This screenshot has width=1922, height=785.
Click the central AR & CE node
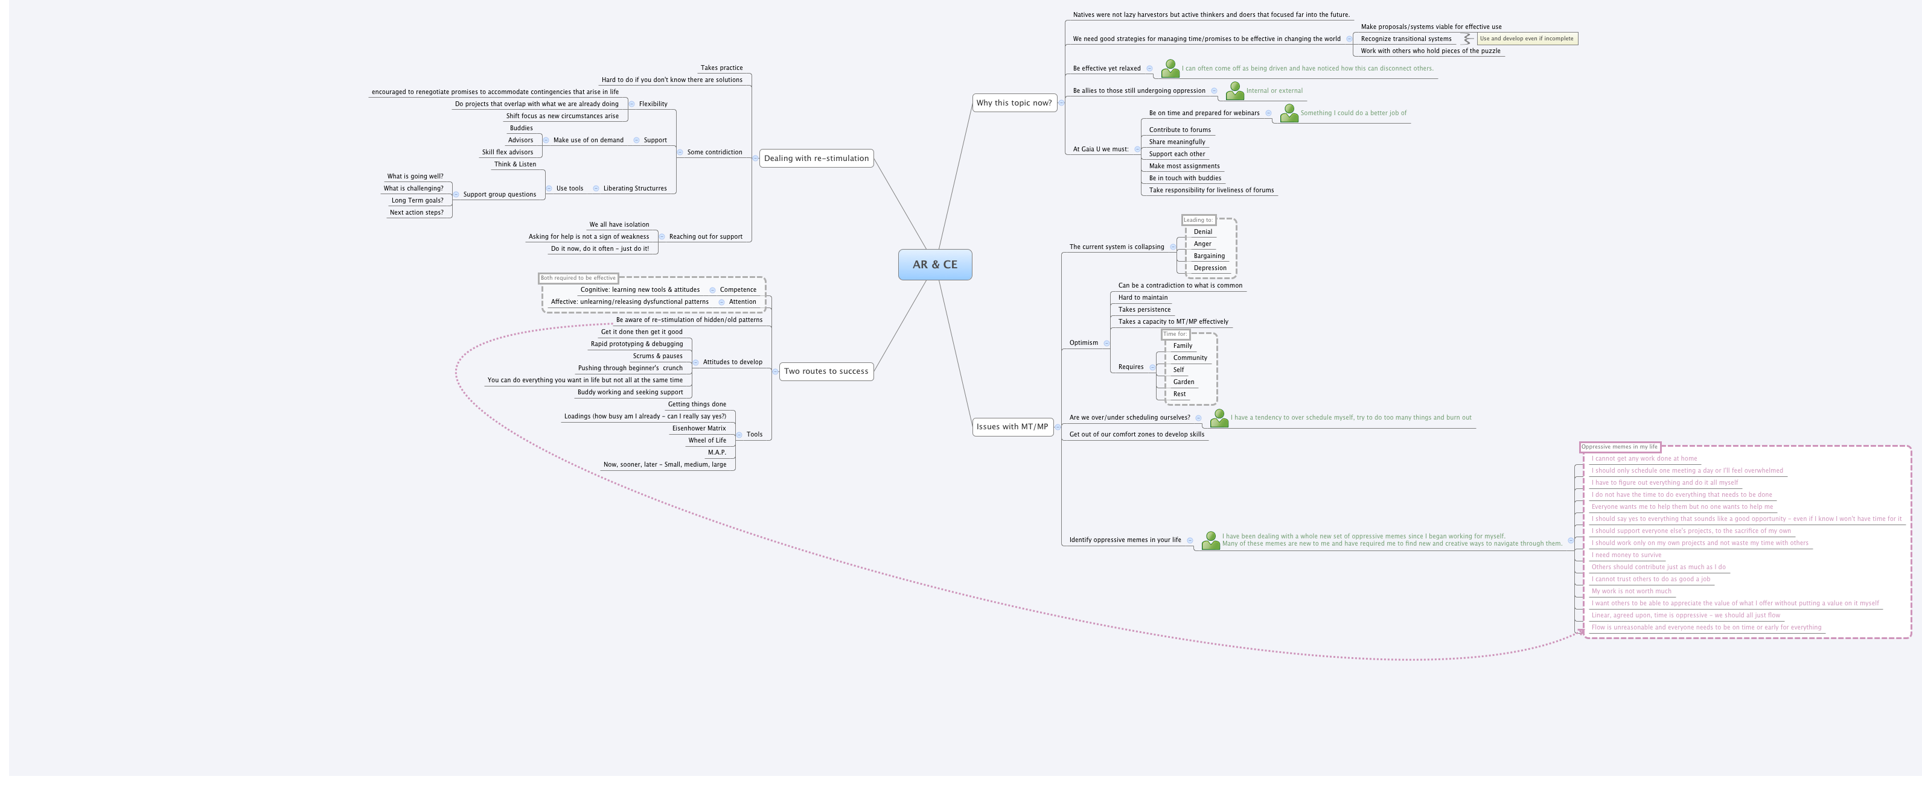click(x=934, y=265)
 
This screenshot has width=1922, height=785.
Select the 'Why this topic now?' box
click(x=1014, y=103)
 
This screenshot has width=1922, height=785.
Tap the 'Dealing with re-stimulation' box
click(x=816, y=158)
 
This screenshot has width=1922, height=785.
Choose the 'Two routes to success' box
click(x=825, y=371)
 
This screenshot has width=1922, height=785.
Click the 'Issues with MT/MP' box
click(x=1012, y=427)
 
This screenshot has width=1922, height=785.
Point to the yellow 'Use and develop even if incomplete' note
click(x=1527, y=39)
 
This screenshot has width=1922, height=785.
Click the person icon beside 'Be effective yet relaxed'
click(x=1170, y=69)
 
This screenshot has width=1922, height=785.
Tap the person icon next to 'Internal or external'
click(x=1235, y=91)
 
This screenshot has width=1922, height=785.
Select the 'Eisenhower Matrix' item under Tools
click(x=698, y=429)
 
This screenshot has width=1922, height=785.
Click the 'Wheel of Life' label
click(x=707, y=441)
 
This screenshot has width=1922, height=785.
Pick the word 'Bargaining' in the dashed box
click(x=1208, y=256)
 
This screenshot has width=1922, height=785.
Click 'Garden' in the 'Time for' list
click(x=1183, y=382)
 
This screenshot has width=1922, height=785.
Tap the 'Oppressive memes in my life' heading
click(x=1619, y=447)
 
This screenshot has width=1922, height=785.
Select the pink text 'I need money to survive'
click(x=1626, y=555)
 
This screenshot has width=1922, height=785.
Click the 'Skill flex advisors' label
click(x=507, y=152)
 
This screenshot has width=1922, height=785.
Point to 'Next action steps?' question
click(x=417, y=212)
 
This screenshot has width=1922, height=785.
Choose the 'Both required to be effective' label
click(x=578, y=278)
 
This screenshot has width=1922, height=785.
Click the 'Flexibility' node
click(x=653, y=104)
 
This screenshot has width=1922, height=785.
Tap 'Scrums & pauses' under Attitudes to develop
click(x=657, y=356)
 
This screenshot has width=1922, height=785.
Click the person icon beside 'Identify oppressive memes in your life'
click(x=1210, y=540)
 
